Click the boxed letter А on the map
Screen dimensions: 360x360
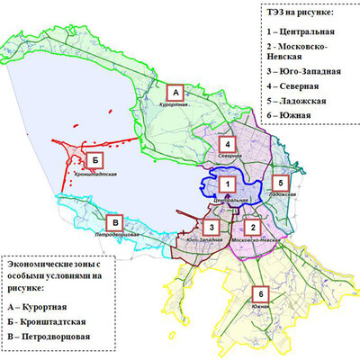(176, 92)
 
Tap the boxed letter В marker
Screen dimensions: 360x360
(112, 222)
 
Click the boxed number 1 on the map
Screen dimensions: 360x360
(229, 184)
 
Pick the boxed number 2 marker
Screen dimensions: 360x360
(254, 229)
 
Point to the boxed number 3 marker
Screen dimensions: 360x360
(210, 228)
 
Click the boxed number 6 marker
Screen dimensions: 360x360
(261, 294)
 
